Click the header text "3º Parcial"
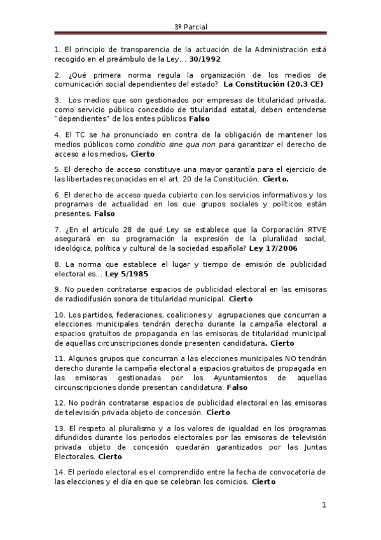coord(191,27)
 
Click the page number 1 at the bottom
coord(324,506)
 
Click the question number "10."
coord(60,315)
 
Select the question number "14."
coord(60,472)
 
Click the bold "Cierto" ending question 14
coord(264,482)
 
